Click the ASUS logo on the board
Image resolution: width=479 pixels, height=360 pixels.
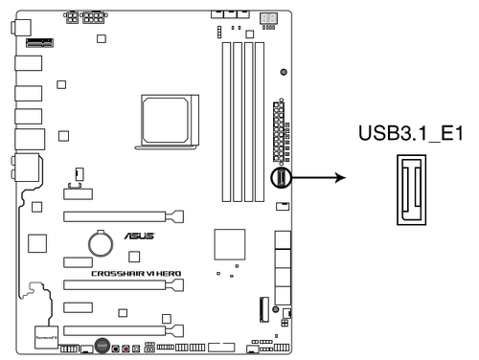[x=135, y=236]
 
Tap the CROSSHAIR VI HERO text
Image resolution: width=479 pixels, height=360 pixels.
[x=136, y=273]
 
